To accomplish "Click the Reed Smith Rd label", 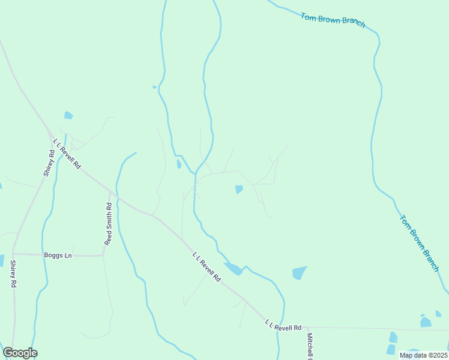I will click(109, 224).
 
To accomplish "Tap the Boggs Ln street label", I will click(58, 255).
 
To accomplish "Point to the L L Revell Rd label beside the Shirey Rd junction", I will click(67, 154).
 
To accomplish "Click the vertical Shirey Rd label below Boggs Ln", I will click(12, 274).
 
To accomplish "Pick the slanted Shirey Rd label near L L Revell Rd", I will click(49, 163).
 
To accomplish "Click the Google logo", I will click(20, 353).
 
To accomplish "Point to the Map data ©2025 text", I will click(424, 355).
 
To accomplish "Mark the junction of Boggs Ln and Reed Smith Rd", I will click(103, 256).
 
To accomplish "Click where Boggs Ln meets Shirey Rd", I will click(13, 254).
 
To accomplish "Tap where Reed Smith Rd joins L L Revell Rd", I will click(110, 193).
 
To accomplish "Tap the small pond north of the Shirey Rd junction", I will click(68, 115).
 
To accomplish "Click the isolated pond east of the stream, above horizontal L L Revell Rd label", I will click(299, 273).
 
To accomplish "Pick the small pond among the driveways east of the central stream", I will click(239, 190).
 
